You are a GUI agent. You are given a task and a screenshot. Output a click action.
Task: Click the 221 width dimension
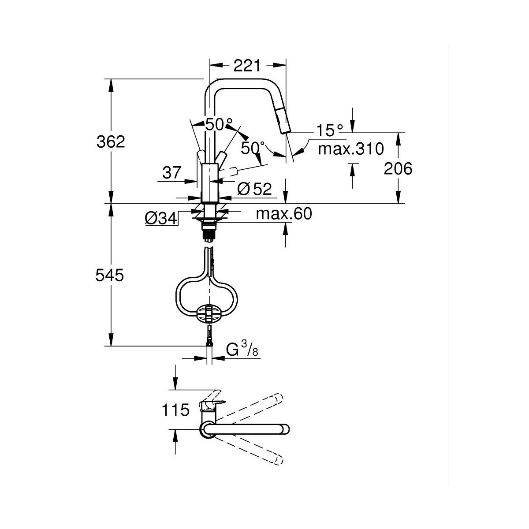point(246,66)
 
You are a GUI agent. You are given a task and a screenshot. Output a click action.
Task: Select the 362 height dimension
point(111,142)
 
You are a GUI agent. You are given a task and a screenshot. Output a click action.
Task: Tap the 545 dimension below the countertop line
point(109,275)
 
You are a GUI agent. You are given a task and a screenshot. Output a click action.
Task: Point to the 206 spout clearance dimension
point(398,168)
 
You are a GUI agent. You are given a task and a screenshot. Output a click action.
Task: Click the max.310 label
point(351,149)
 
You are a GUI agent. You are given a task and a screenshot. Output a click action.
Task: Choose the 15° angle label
point(329,130)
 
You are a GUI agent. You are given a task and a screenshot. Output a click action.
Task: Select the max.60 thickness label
point(284,213)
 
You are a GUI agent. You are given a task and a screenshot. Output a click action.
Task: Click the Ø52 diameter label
point(254,189)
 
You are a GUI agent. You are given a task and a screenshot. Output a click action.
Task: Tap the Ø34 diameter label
point(161,219)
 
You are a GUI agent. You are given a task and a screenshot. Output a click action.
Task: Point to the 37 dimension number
point(172,173)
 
